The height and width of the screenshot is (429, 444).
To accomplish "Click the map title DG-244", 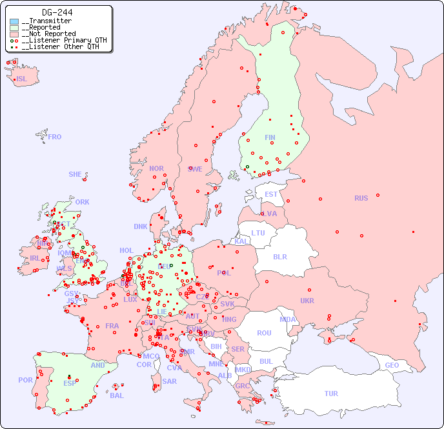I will tap(57, 12).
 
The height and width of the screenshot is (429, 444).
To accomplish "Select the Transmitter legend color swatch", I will tap(14, 21).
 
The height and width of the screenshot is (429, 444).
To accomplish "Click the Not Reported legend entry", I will tap(48, 34).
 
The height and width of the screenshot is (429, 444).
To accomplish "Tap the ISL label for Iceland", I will tap(22, 79).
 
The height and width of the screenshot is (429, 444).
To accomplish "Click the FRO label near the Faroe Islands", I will tap(55, 137).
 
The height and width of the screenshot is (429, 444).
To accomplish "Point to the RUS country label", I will tap(361, 198).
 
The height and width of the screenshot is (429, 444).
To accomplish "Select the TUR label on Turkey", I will tap(331, 394).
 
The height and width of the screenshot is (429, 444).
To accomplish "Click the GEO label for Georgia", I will tap(392, 365).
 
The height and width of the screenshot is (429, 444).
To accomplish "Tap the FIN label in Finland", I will tap(270, 137).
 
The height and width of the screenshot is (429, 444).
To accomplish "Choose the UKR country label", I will tap(307, 301).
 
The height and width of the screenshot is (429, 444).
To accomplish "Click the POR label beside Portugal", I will tap(25, 380).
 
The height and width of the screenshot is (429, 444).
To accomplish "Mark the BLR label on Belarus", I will tap(279, 256).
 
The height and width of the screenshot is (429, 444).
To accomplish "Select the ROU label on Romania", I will tap(264, 333).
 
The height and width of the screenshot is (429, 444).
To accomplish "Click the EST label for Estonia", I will tap(271, 194).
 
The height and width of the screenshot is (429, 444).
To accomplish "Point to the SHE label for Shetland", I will tap(76, 174).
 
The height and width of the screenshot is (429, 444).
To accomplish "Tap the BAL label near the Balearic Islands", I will tap(116, 395).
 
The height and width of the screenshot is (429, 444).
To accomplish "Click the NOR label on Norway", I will tap(156, 168).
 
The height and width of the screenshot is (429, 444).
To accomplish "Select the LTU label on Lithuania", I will tap(258, 233).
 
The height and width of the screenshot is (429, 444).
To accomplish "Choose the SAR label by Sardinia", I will tap(169, 381).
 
